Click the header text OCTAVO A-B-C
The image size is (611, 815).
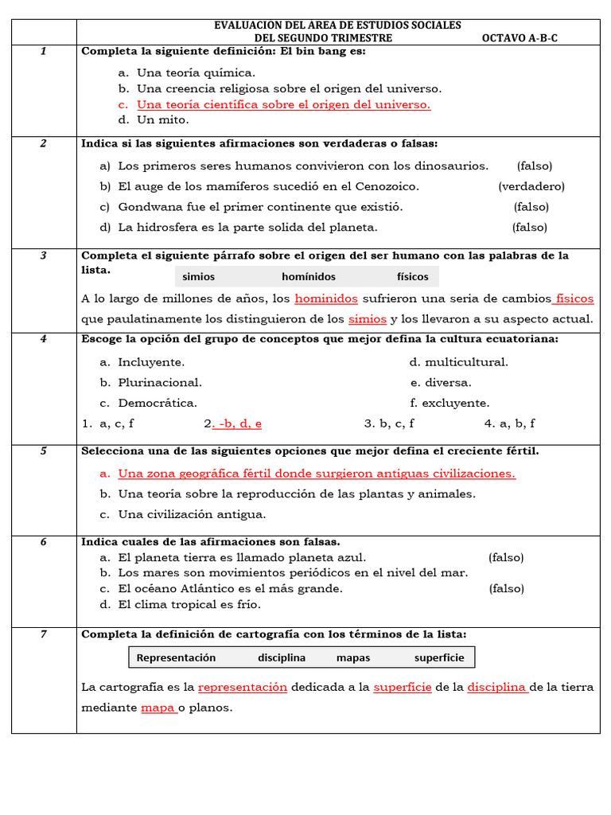[520, 37]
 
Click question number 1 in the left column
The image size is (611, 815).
[44, 52]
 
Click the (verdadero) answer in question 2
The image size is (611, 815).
[531, 186]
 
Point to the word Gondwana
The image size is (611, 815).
[149, 207]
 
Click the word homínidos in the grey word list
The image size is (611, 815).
[309, 277]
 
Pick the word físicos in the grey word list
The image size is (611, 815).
[412, 277]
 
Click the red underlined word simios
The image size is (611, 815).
[368, 319]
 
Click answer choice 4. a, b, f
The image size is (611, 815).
[509, 423]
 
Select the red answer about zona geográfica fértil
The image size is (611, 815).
[317, 474]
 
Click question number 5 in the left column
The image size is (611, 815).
[44, 451]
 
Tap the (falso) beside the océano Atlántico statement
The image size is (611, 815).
[506, 589]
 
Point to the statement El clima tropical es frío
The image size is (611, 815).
[189, 605]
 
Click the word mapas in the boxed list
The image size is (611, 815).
[353, 657]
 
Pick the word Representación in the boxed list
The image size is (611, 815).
[176, 657]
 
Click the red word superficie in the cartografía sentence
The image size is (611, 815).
[403, 687]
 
